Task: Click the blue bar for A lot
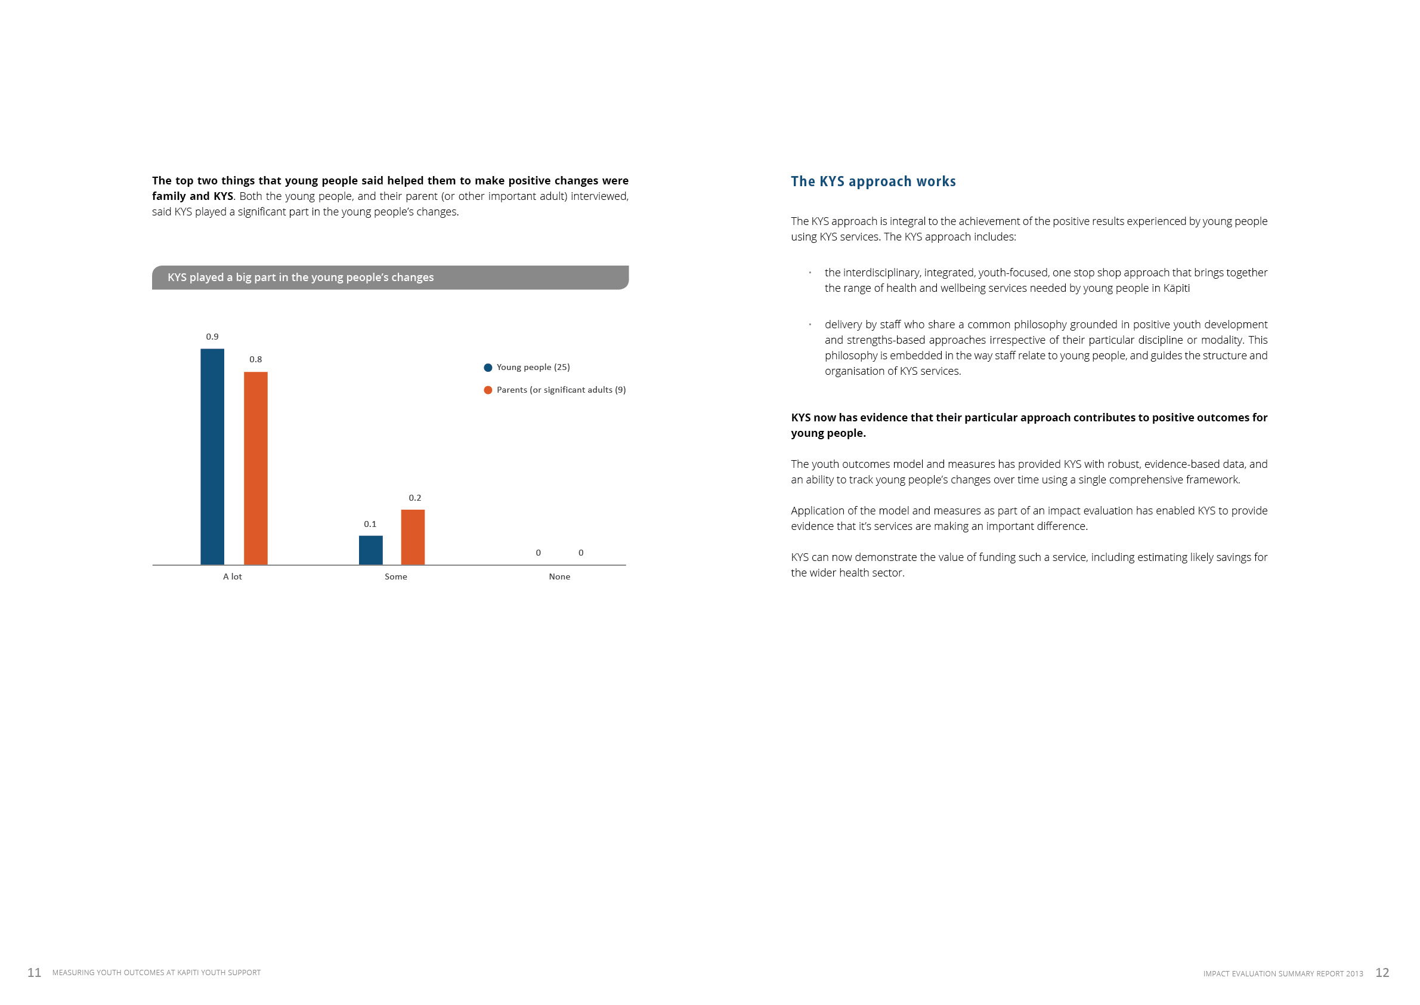pyautogui.click(x=212, y=457)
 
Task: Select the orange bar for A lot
pyautogui.click(x=255, y=468)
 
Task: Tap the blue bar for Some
pyautogui.click(x=370, y=550)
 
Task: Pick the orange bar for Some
pyautogui.click(x=413, y=537)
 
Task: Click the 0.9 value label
pyautogui.click(x=212, y=337)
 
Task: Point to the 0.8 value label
pyautogui.click(x=255, y=359)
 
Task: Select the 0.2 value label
pyautogui.click(x=415, y=498)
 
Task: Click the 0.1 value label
pyautogui.click(x=370, y=524)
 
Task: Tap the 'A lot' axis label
pyautogui.click(x=233, y=577)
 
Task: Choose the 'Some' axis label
pyautogui.click(x=396, y=577)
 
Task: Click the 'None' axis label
pyautogui.click(x=559, y=577)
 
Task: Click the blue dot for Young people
pyautogui.click(x=488, y=368)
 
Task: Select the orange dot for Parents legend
pyautogui.click(x=488, y=390)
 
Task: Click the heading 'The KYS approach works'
pyautogui.click(x=873, y=181)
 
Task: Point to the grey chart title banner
pyautogui.click(x=390, y=278)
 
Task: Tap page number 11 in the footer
pyautogui.click(x=35, y=973)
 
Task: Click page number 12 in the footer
pyautogui.click(x=1382, y=973)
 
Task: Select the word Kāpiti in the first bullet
pyautogui.click(x=1176, y=288)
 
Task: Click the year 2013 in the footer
pyautogui.click(x=1354, y=974)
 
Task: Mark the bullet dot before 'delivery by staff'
pyautogui.click(x=810, y=324)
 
